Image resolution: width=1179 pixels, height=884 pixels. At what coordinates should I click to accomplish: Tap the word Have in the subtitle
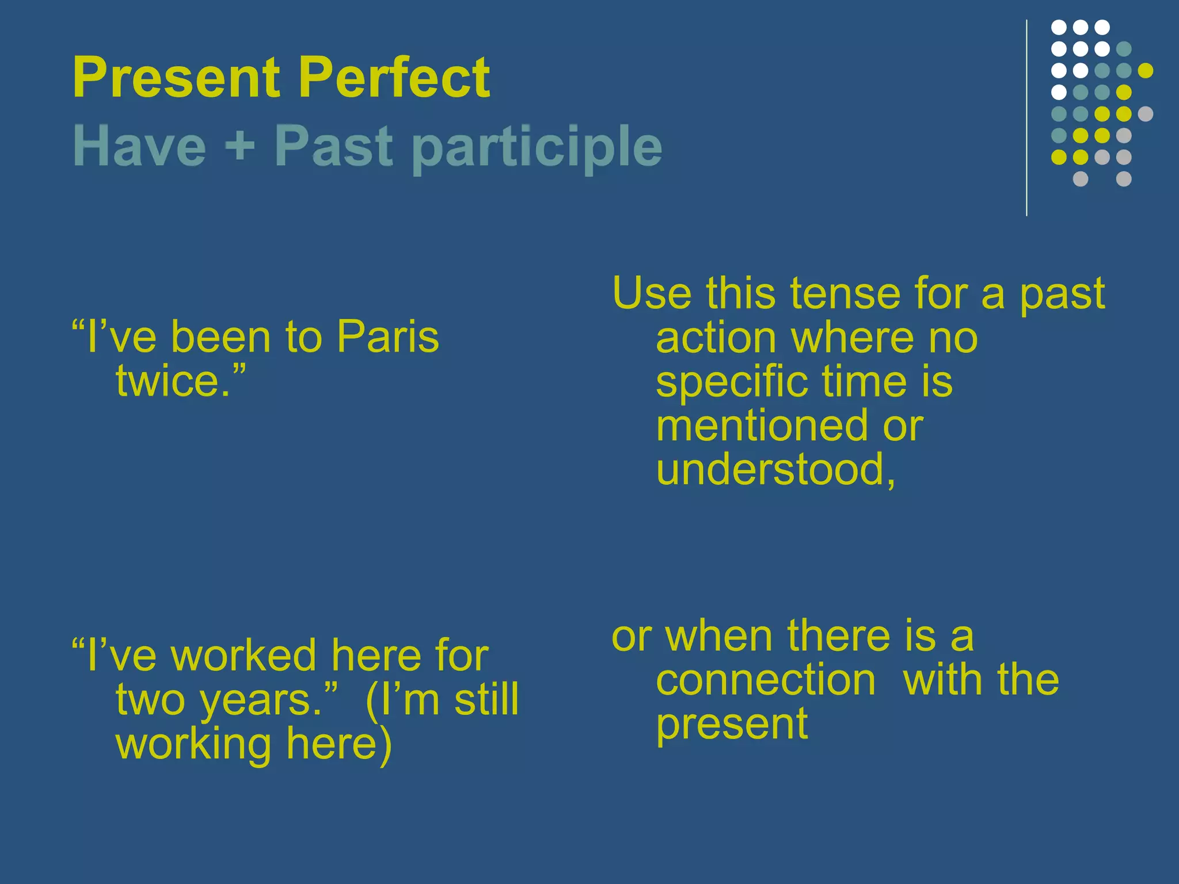click(x=139, y=147)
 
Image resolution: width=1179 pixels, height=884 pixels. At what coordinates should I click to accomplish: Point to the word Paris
click(x=387, y=337)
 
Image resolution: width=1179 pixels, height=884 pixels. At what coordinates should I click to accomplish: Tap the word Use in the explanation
click(x=652, y=294)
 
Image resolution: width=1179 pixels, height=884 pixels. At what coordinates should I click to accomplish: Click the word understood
click(x=770, y=470)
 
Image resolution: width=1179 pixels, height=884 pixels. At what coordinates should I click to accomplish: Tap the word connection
click(x=766, y=680)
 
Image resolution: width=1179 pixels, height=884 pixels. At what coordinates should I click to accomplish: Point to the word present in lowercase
click(x=732, y=725)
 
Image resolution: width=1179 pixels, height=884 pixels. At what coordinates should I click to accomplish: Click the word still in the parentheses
click(x=486, y=700)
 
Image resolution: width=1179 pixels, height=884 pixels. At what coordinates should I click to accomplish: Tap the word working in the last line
click(x=193, y=745)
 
